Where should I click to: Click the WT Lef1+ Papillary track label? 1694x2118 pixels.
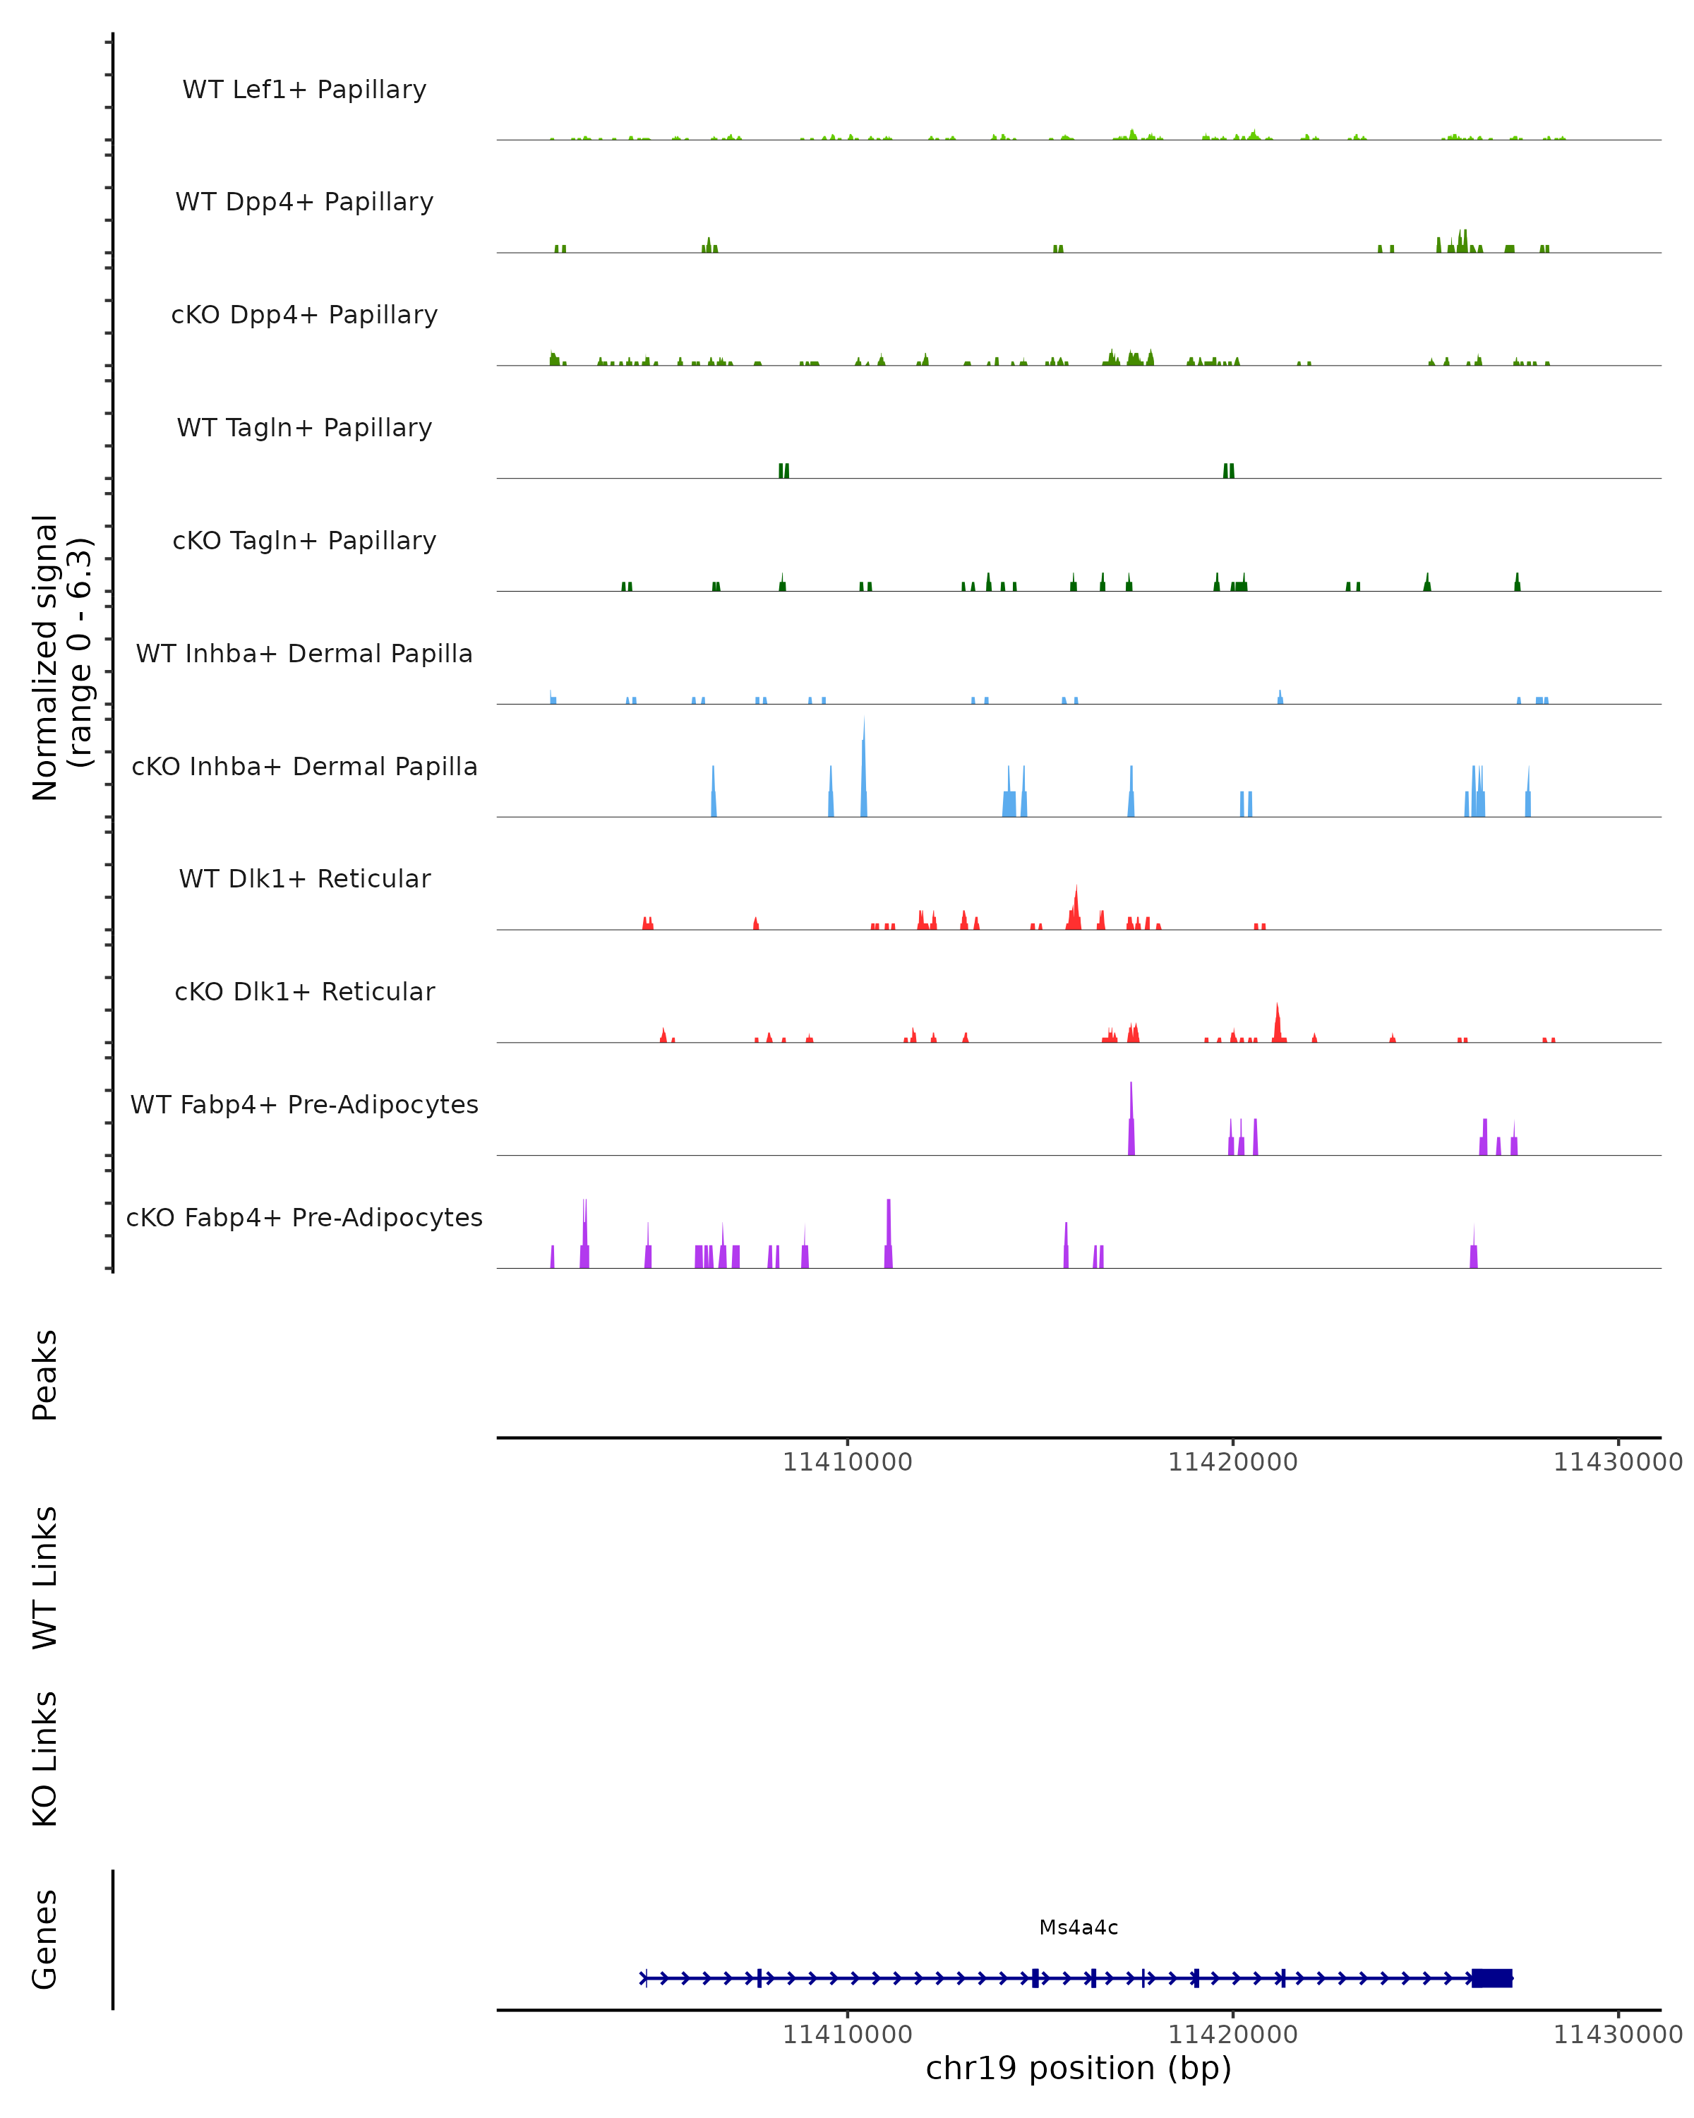[304, 90]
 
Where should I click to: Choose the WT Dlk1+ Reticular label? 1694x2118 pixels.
[304, 878]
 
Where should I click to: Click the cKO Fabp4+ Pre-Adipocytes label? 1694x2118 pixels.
[304, 1217]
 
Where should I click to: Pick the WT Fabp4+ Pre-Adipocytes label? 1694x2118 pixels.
[304, 1104]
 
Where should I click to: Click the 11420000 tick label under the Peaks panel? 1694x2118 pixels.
[1232, 1462]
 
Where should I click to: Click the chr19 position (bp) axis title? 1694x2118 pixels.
[1079, 2069]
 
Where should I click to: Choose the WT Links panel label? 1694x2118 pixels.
[45, 1576]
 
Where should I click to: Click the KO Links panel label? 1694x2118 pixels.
[45, 1759]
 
